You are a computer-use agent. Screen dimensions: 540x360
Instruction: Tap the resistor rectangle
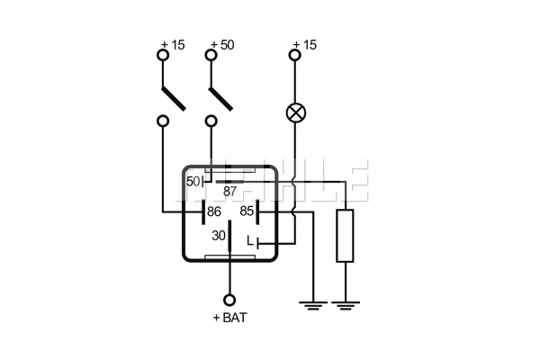point(345,235)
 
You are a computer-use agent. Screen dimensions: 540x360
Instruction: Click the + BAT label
point(230,318)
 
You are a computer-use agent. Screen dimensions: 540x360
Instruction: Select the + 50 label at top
point(222,45)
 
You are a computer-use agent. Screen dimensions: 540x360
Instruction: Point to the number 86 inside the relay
point(214,211)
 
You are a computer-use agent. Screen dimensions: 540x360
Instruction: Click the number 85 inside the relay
point(247,211)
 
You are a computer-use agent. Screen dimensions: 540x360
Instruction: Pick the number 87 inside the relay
point(230,191)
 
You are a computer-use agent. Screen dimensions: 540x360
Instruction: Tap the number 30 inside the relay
point(219,236)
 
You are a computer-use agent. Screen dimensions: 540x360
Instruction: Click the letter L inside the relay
point(250,241)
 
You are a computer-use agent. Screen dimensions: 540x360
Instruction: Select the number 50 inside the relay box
point(193,182)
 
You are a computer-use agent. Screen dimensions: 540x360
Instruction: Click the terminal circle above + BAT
point(229,300)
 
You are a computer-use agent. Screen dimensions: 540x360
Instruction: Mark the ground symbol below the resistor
point(345,306)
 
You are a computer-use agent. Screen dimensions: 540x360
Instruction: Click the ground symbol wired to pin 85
point(313,306)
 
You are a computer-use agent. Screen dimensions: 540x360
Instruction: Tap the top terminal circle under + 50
point(211,55)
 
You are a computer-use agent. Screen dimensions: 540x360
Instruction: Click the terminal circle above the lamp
point(295,55)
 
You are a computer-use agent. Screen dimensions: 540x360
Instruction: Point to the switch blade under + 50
point(220,99)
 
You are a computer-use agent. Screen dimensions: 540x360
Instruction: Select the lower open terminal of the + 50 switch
point(211,121)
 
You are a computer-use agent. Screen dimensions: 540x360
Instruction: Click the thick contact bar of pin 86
point(203,211)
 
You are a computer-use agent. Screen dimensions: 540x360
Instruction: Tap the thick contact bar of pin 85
point(257,211)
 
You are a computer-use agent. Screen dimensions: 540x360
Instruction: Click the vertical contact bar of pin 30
point(229,235)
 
